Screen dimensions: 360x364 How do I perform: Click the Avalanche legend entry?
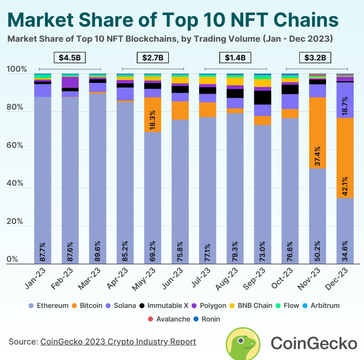click(171, 319)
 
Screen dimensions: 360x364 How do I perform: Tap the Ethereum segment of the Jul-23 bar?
click(208, 187)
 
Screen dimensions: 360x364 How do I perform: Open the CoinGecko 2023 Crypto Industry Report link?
click(118, 342)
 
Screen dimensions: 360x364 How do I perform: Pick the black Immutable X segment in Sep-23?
click(263, 97)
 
